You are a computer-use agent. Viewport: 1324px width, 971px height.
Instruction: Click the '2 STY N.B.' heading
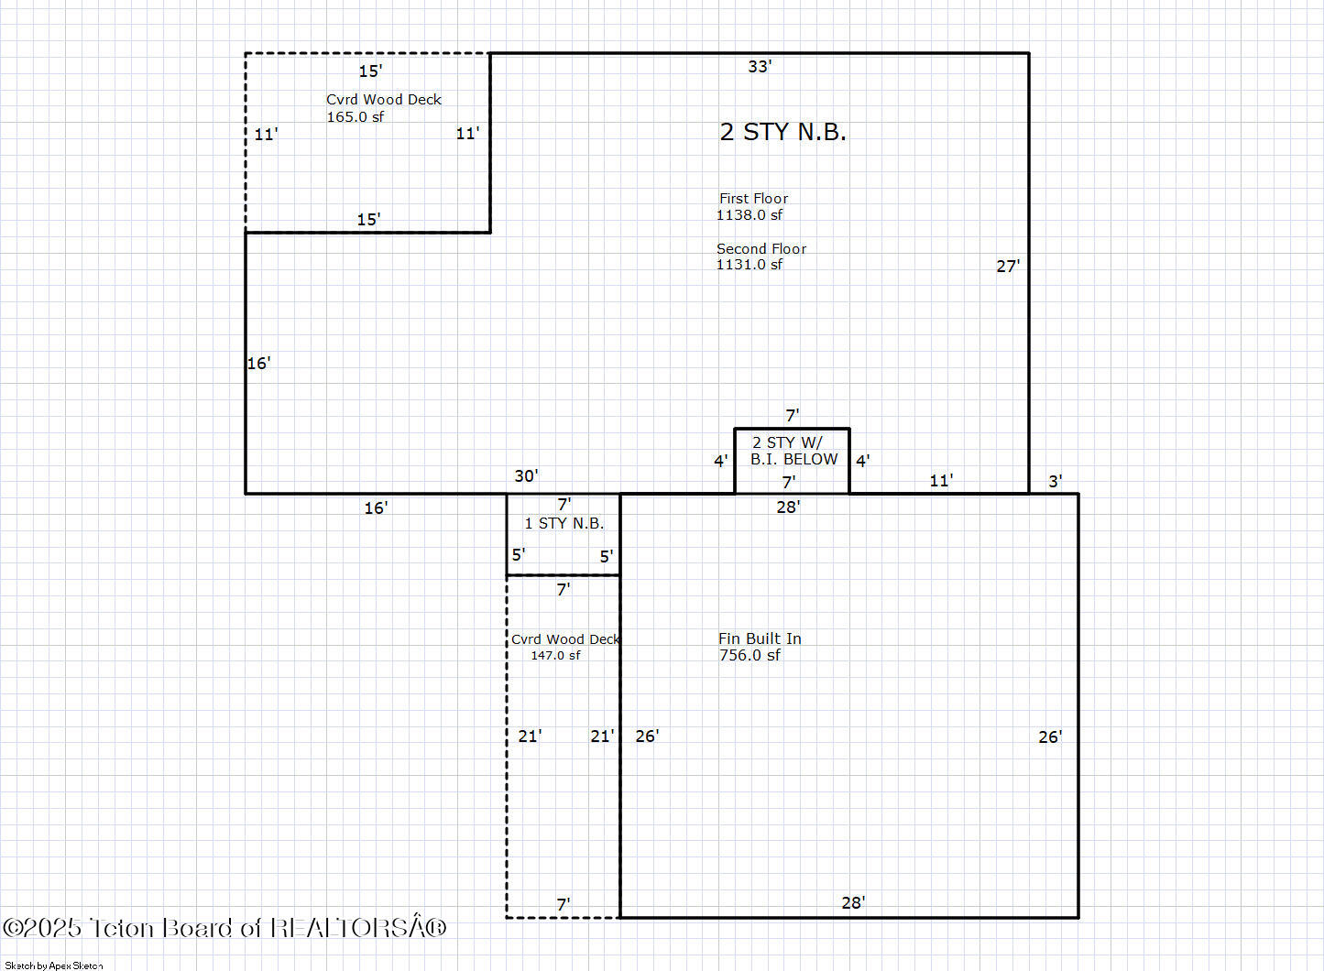(x=782, y=132)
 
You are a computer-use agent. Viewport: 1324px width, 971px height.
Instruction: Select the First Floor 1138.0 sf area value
(x=750, y=215)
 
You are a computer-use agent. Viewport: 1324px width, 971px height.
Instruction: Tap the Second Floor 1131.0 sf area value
(x=750, y=265)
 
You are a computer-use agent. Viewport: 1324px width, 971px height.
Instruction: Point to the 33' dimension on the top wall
(x=760, y=67)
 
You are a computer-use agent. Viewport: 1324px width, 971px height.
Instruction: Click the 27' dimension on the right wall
(x=1008, y=267)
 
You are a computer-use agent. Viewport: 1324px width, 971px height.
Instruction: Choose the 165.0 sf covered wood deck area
(x=356, y=117)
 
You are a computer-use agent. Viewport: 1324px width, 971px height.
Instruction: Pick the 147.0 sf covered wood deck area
(x=555, y=656)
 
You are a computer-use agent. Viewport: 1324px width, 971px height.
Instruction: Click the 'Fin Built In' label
(x=760, y=638)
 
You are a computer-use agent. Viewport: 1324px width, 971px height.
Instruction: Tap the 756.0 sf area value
(x=750, y=656)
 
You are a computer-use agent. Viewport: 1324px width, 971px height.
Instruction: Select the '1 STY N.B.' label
(x=564, y=524)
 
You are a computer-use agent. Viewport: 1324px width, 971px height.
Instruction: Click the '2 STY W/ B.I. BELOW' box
(x=793, y=452)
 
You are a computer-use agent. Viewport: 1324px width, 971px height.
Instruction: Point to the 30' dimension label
(x=526, y=476)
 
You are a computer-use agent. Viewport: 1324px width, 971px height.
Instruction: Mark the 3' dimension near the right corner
(x=1055, y=482)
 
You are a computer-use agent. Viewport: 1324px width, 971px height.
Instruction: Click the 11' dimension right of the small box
(x=941, y=481)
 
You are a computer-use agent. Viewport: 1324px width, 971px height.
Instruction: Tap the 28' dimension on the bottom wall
(x=853, y=903)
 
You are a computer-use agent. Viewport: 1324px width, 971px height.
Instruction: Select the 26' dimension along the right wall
(x=1050, y=737)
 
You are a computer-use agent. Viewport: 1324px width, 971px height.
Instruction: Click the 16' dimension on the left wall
(x=258, y=364)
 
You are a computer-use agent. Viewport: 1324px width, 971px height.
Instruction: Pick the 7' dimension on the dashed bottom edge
(x=564, y=905)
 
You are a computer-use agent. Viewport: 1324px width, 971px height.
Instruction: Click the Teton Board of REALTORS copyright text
(x=224, y=928)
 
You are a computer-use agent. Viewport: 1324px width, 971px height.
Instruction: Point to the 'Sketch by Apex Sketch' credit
(x=54, y=966)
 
